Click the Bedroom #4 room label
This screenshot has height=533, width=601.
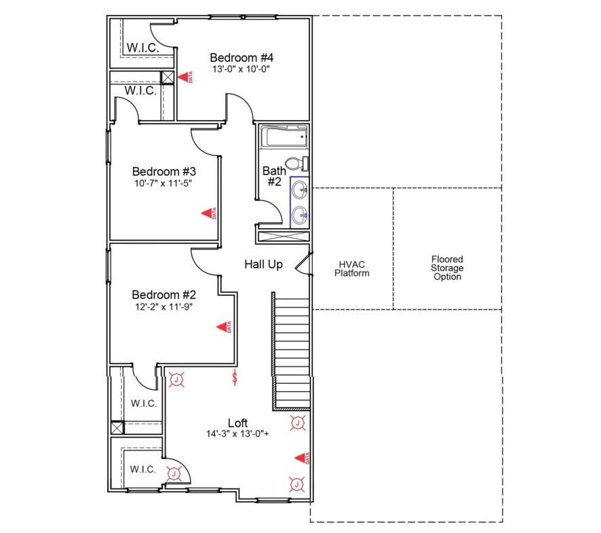(241, 58)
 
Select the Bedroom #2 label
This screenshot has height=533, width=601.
(163, 295)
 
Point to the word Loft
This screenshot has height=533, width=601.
(237, 423)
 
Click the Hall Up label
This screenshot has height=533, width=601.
(263, 264)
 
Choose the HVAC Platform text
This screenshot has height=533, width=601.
(351, 269)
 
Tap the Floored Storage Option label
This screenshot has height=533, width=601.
(447, 268)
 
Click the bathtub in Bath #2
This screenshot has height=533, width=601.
(286, 137)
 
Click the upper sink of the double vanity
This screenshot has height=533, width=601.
(300, 189)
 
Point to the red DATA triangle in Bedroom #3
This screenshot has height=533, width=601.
(208, 214)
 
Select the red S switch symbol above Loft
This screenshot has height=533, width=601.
(235, 378)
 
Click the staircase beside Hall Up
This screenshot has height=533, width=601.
(291, 350)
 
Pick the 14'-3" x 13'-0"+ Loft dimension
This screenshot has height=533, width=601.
(237, 434)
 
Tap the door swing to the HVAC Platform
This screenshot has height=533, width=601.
(304, 264)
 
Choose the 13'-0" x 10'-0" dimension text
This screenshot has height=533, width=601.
(241, 69)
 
